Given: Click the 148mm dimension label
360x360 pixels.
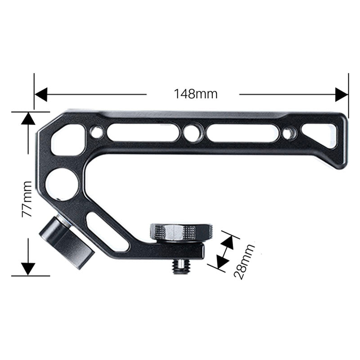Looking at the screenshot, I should pos(196,94).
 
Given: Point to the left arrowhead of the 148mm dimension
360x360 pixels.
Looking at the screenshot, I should pos(41,94).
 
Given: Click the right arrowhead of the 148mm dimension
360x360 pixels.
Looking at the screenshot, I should pos(342,94).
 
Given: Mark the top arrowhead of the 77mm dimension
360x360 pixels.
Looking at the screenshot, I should pos(28,119).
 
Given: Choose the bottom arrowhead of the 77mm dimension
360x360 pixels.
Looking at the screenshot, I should pos(28,269).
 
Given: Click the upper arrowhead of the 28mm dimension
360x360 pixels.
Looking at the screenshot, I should pos(227,242).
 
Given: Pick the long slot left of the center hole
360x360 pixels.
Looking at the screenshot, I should pos(143,132).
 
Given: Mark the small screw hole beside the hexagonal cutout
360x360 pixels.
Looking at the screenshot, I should pos(96,132).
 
